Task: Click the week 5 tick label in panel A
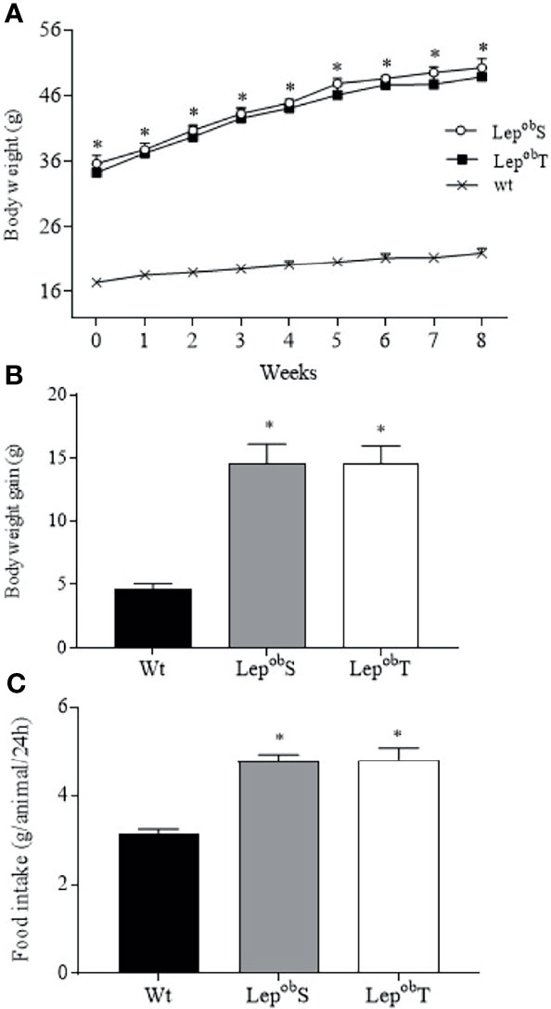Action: (x=337, y=339)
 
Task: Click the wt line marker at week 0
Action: (x=96, y=282)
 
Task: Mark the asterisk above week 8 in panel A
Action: (x=481, y=47)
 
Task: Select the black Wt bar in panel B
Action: (x=153, y=617)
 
